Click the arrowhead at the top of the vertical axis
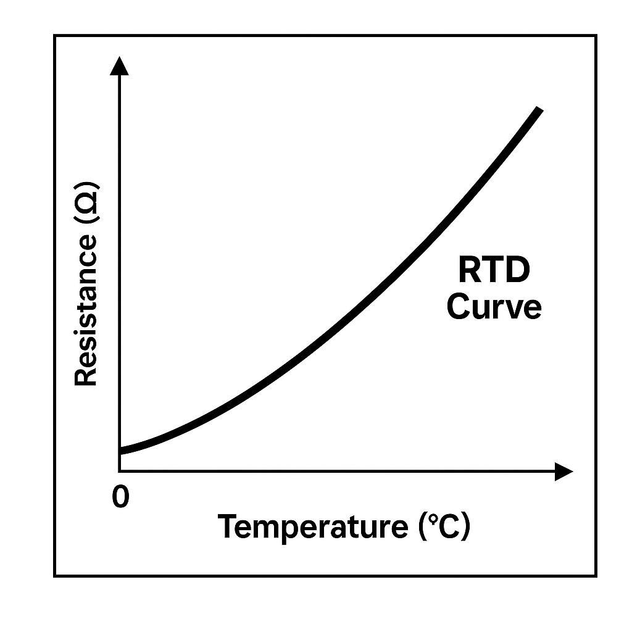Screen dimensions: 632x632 119,65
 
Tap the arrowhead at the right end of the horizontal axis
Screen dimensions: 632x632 563,472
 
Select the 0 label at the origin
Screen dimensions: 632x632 121,497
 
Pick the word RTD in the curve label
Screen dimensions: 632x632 494,272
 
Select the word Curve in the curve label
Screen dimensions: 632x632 494,307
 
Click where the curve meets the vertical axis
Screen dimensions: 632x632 120,451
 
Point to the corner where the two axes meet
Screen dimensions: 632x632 120,472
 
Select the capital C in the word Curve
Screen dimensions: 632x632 458,307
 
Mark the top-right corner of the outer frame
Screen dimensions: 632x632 596,36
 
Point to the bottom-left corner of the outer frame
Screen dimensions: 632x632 55,576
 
